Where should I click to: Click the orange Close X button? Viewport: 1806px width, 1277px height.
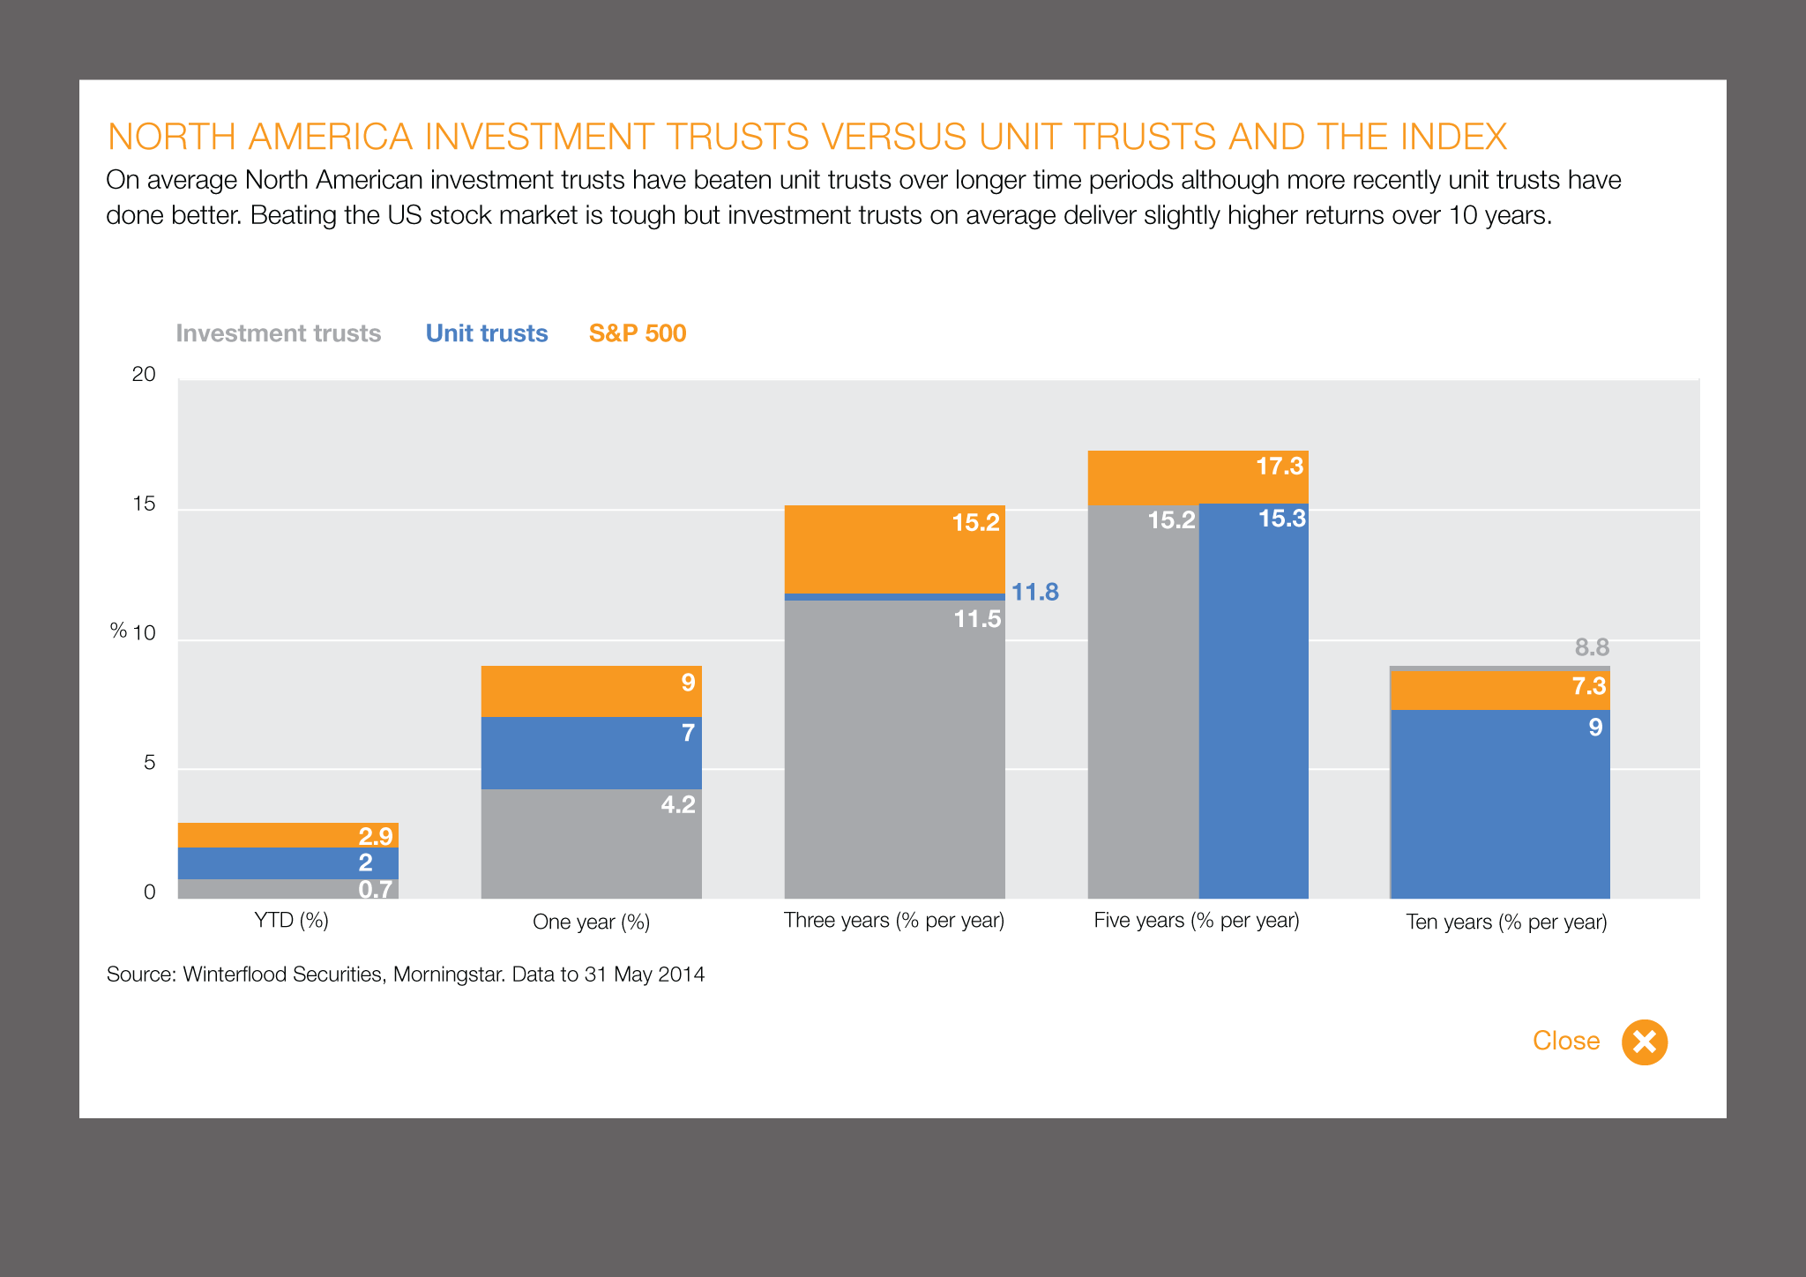(x=1645, y=1042)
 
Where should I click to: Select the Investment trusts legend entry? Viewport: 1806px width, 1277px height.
(x=279, y=333)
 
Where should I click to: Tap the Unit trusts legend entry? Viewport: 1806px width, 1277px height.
(x=487, y=333)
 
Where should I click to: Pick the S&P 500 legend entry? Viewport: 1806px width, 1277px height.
(x=638, y=333)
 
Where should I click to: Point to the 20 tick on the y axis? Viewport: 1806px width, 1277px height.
(x=144, y=375)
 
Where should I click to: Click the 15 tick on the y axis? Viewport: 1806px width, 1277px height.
(x=144, y=504)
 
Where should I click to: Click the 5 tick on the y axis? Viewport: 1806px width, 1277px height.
(x=149, y=763)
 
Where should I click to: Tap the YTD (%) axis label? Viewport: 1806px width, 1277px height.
(x=291, y=921)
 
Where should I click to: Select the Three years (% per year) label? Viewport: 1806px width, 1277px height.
(x=894, y=921)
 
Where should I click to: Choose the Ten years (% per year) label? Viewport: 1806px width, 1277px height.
(x=1506, y=922)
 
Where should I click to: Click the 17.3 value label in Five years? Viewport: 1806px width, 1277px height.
(x=1280, y=467)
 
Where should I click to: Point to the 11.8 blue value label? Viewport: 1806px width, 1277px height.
(x=1034, y=593)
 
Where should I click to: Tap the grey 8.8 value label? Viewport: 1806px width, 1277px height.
(x=1592, y=648)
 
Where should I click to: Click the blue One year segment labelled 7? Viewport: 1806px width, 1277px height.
(x=591, y=752)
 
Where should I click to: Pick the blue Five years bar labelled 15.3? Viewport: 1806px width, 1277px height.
(x=1253, y=706)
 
